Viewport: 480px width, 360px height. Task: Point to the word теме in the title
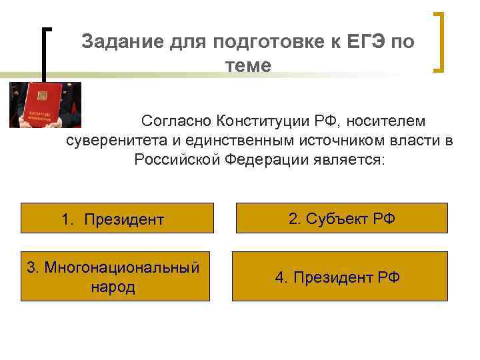[248, 65]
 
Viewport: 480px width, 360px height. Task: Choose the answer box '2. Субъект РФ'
[341, 218]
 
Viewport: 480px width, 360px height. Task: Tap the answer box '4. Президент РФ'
[339, 277]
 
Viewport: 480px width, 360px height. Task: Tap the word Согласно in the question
[175, 122]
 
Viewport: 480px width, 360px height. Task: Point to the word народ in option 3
[111, 287]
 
